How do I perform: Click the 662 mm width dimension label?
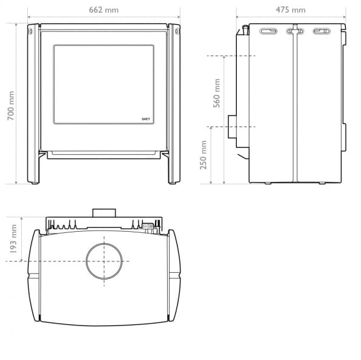coord(104,10)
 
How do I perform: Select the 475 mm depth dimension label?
coord(291,10)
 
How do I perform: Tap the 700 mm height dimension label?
coord(11,106)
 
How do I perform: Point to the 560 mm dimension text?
coord(217,93)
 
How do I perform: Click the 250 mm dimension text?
coord(204,155)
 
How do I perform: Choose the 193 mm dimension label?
coord(13,239)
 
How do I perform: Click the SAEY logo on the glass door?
coord(146,119)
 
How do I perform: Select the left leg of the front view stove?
coord(33,103)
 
